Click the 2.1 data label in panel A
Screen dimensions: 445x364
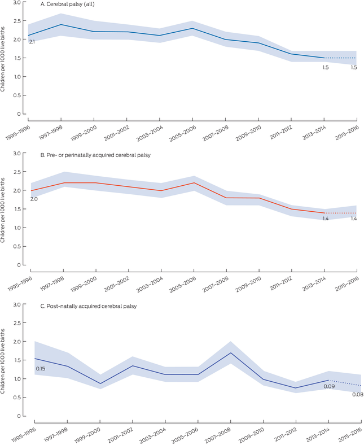32,42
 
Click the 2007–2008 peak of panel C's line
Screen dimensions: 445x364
230,353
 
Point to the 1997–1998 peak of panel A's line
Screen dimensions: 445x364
61,24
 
